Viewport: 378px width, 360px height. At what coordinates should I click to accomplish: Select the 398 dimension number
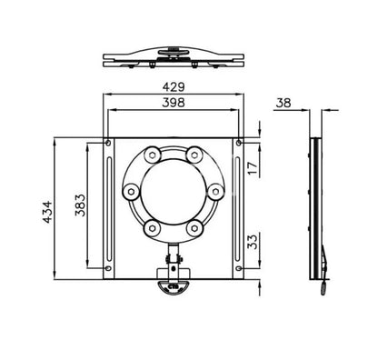pyautogui.click(x=174, y=102)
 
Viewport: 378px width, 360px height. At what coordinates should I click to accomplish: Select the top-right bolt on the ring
pyautogui.click(x=196, y=155)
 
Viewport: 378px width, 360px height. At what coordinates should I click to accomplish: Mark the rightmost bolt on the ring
pyautogui.click(x=215, y=192)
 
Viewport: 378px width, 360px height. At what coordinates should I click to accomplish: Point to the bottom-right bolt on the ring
pyautogui.click(x=196, y=227)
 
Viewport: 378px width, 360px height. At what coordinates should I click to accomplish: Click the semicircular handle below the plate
pyautogui.click(x=172, y=286)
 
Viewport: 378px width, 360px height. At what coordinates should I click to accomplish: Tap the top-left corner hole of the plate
pyautogui.click(x=109, y=143)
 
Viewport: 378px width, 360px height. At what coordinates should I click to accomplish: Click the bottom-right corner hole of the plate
pyautogui.click(x=240, y=275)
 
